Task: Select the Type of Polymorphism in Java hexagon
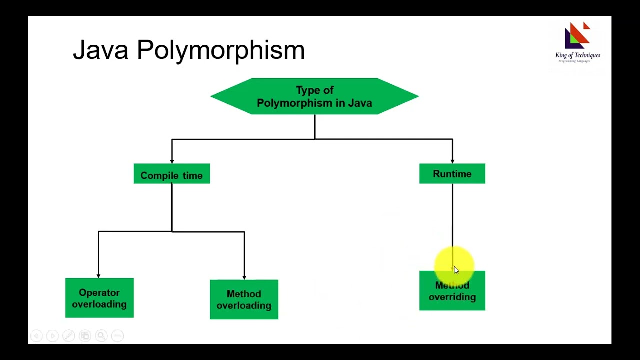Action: click(x=314, y=96)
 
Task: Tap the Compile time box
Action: click(x=171, y=174)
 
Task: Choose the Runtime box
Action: click(x=452, y=174)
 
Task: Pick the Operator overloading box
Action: click(x=99, y=298)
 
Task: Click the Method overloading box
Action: click(x=244, y=299)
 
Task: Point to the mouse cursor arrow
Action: click(x=456, y=270)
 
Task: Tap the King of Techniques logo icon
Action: click(x=577, y=35)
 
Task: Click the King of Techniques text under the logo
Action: click(x=578, y=55)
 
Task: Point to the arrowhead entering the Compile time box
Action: click(x=172, y=161)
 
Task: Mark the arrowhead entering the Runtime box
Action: click(x=452, y=161)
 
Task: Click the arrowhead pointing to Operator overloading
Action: click(x=98, y=275)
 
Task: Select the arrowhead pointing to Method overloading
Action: click(x=244, y=277)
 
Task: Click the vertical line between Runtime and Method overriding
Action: click(x=452, y=215)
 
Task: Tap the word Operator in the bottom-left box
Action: click(x=99, y=293)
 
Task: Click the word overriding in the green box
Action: click(x=452, y=297)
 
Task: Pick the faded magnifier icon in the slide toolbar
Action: click(x=101, y=336)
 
